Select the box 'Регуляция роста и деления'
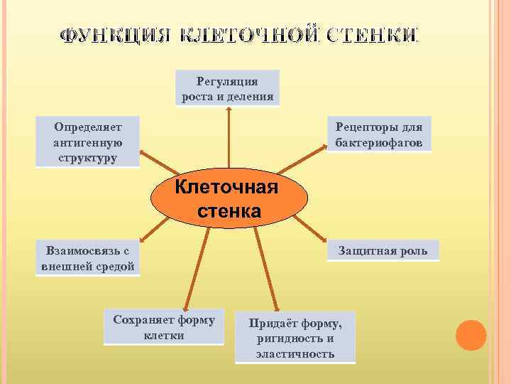click(227, 88)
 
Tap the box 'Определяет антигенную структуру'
click(87, 142)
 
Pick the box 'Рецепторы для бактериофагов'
click(380, 134)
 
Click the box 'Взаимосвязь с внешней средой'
click(87, 259)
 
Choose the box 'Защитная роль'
click(383, 251)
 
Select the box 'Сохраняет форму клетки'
click(164, 327)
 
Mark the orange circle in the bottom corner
click(471, 335)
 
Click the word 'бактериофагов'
click(380, 142)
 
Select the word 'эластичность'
click(295, 353)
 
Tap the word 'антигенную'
click(87, 142)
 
